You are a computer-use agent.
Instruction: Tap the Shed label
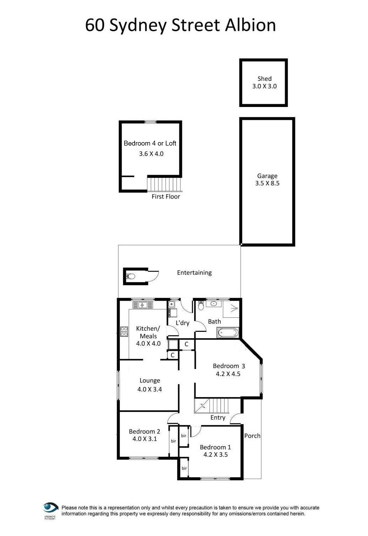264,79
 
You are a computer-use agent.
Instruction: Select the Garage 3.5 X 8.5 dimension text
267,183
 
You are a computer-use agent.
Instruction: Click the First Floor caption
166,197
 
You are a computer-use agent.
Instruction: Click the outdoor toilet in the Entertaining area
130,276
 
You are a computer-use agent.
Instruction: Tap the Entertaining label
194,273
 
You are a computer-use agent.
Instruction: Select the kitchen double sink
143,305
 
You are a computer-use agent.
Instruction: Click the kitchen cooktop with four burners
124,331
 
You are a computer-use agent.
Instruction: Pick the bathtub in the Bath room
228,332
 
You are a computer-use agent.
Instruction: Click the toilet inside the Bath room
201,306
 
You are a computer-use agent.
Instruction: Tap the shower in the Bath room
231,309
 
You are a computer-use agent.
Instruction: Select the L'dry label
182,323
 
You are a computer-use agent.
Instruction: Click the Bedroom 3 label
229,366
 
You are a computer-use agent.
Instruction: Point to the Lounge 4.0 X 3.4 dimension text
149,389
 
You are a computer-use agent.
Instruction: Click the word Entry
218,417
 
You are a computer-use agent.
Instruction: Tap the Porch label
252,436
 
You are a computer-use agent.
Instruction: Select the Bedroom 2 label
144,431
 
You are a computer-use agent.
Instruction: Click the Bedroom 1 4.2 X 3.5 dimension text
215,455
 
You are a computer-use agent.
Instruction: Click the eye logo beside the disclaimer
50,508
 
